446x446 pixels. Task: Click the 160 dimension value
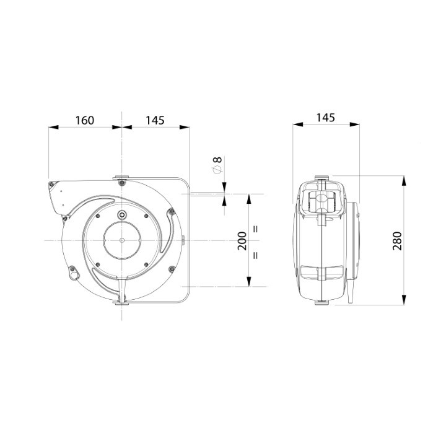tap(84, 120)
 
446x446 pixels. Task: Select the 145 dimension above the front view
tap(155, 120)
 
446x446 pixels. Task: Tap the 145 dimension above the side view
tap(326, 118)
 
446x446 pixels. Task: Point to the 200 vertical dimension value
tap(242, 240)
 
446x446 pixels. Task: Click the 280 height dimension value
tap(397, 240)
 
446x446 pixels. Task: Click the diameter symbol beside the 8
tap(217, 169)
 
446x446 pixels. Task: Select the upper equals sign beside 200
tap(255, 229)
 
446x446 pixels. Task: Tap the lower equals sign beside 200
tap(255, 255)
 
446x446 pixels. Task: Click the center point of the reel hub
tap(122, 240)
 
